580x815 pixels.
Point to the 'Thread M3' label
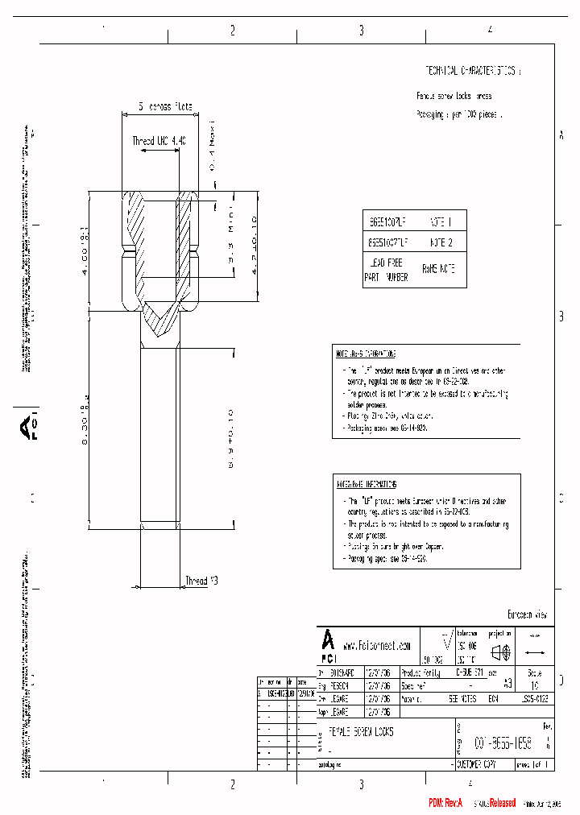[x=201, y=581]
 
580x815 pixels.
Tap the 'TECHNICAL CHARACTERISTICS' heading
[x=473, y=71]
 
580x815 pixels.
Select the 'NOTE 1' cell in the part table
[x=441, y=221]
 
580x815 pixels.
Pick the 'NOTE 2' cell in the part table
[x=441, y=241]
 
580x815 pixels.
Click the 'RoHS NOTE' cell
[x=439, y=270]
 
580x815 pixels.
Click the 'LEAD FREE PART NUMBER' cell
[x=386, y=270]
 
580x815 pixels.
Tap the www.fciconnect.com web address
[x=377, y=645]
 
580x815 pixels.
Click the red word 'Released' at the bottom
[x=497, y=803]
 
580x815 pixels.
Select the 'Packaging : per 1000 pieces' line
[x=459, y=115]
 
